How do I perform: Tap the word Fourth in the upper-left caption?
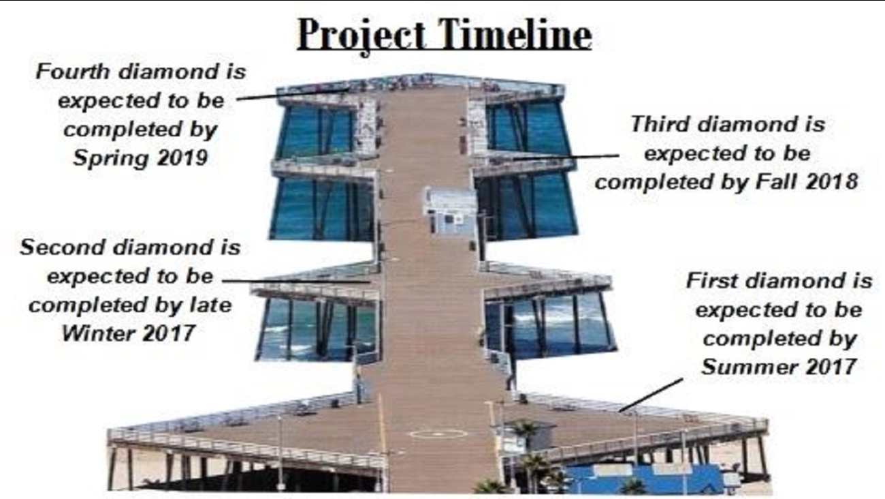pyautogui.click(x=72, y=72)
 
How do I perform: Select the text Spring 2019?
pyautogui.click(x=140, y=158)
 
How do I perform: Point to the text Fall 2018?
pyautogui.click(x=807, y=181)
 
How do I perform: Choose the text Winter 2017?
pyautogui.click(x=129, y=333)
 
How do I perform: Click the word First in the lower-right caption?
pyautogui.click(x=712, y=281)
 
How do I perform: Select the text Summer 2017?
pyautogui.click(x=778, y=367)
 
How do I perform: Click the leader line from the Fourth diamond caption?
pyautogui.click(x=292, y=94)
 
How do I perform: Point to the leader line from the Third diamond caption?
pyautogui.click(x=566, y=157)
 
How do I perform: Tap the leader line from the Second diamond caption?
pyautogui.click(x=296, y=282)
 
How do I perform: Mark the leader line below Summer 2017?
pyautogui.click(x=651, y=395)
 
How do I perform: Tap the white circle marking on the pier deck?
pyautogui.click(x=438, y=434)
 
